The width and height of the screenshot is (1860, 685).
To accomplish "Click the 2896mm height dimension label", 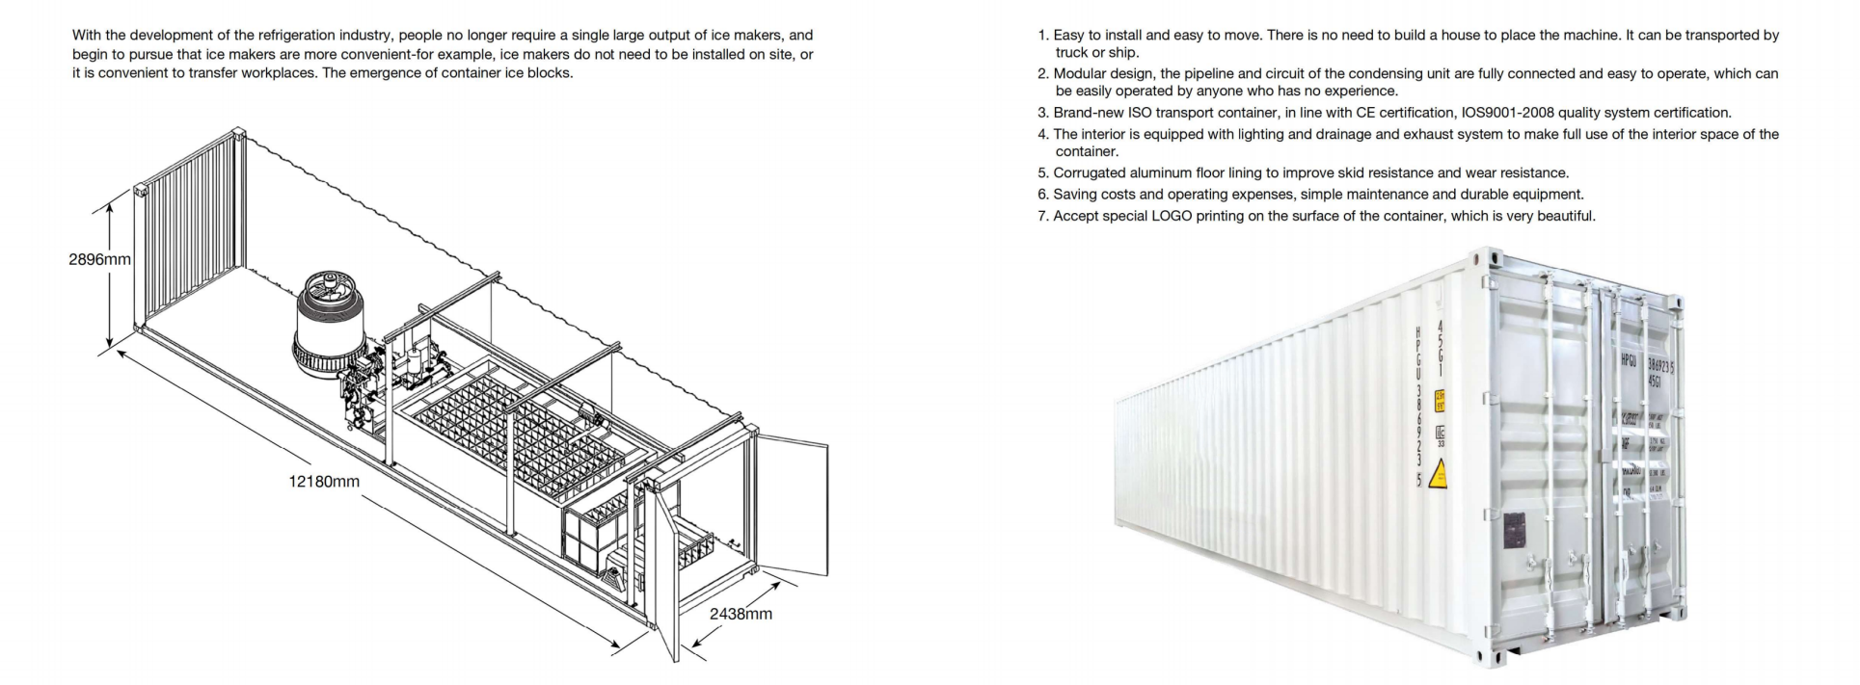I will tap(99, 259).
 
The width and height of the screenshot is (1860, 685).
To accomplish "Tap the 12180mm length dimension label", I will tap(324, 481).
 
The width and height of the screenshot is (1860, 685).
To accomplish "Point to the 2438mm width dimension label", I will tap(741, 614).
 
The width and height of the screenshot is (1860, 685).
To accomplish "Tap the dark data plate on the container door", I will tap(1515, 531).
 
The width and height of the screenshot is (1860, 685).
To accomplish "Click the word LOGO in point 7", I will tap(1172, 216).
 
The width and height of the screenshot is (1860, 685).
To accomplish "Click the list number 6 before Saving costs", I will tap(1042, 195).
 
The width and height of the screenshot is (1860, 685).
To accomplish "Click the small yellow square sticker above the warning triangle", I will tap(1440, 399).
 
